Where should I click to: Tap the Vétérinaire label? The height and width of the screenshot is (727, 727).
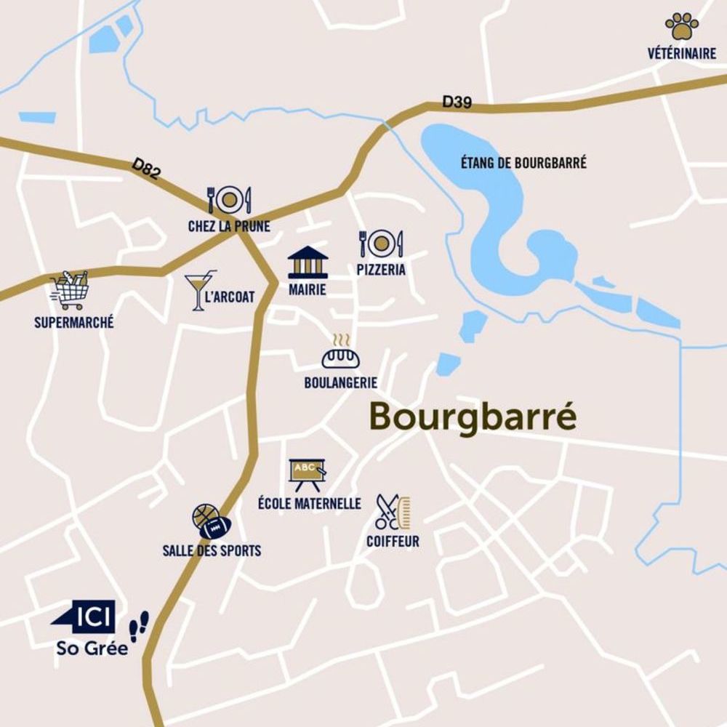tap(681, 54)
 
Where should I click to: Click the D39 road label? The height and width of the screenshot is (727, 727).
tap(457, 103)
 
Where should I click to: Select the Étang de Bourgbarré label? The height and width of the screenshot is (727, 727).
tap(523, 163)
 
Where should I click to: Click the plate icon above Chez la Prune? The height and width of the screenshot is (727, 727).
tap(229, 199)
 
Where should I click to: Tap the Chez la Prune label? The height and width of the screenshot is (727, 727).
tap(229, 227)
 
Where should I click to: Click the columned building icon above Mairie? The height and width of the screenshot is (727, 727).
tap(308, 262)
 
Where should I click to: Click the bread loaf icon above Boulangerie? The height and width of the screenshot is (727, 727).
tap(341, 354)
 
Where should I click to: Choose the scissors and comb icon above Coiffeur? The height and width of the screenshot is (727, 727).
tap(393, 513)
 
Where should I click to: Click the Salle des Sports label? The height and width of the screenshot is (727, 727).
tap(212, 550)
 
